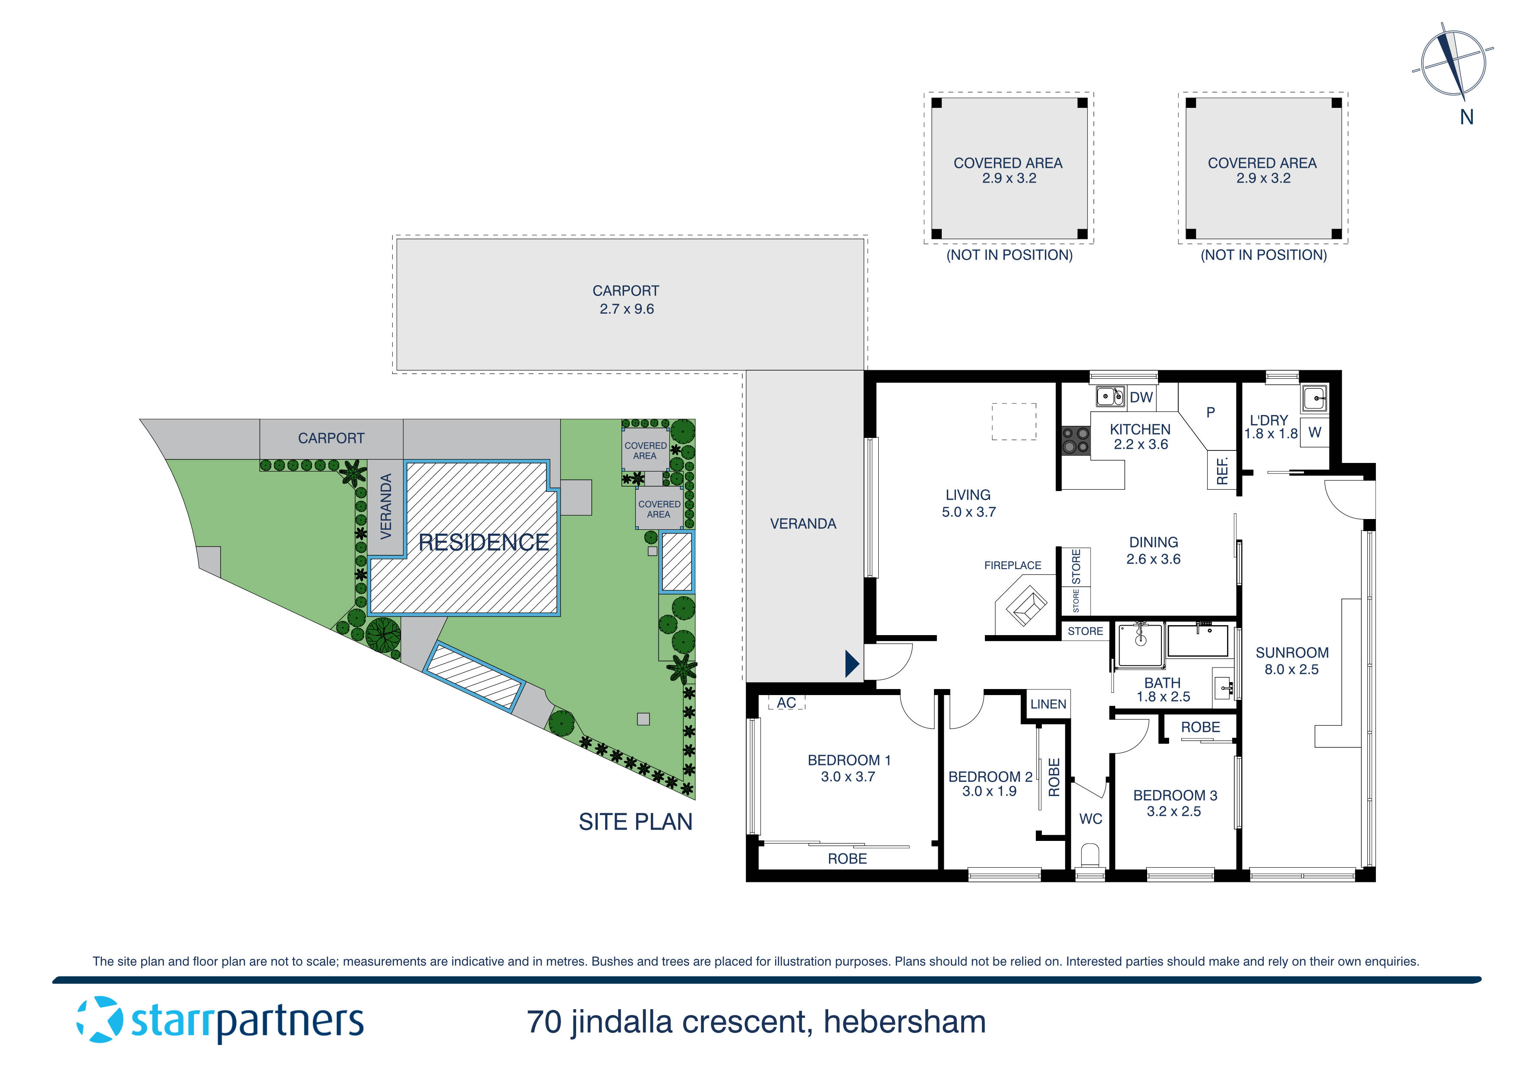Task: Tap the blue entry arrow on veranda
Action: [x=852, y=664]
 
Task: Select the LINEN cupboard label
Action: [x=1048, y=704]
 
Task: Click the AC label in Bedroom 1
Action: [x=786, y=703]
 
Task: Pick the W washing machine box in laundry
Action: [x=1314, y=432]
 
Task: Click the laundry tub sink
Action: [x=1314, y=398]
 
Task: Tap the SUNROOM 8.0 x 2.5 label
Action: [x=1291, y=661]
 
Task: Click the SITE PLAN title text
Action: [x=635, y=821]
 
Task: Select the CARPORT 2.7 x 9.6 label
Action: [x=626, y=299]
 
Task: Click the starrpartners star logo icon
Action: [x=100, y=1020]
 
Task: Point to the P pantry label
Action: [x=1210, y=412]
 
